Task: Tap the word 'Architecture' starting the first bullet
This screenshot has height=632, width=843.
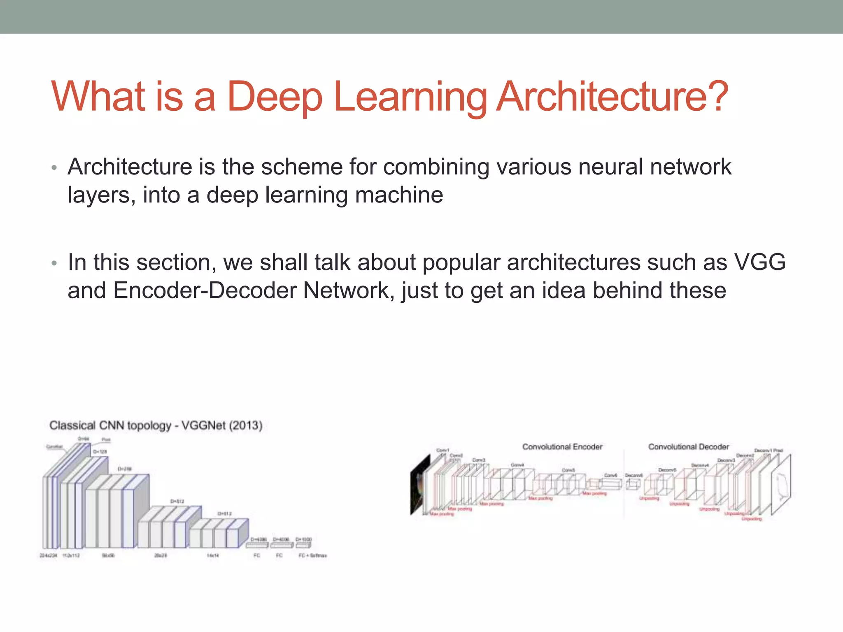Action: point(130,167)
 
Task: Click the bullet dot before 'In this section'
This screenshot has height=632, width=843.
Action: point(54,263)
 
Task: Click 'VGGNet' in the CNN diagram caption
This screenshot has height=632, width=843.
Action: point(203,425)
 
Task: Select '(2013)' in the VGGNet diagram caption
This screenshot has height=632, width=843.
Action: point(245,425)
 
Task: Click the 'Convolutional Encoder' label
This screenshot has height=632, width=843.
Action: point(562,447)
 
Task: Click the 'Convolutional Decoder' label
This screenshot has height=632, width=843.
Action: point(688,447)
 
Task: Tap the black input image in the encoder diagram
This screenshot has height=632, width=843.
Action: point(417,486)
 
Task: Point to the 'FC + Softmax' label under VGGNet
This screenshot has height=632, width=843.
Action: point(312,555)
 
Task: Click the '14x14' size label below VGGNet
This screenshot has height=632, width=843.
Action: point(212,555)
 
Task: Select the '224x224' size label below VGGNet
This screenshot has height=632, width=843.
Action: point(48,555)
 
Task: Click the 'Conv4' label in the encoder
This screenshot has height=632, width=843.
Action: point(517,465)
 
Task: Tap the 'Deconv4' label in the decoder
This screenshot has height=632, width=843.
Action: point(700,465)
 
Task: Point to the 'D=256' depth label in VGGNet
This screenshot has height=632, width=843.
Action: point(125,469)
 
